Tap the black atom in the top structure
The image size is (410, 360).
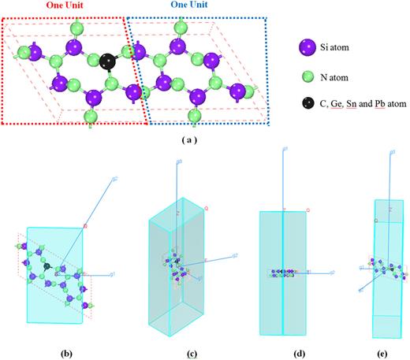click(x=109, y=61)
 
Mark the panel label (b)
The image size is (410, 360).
click(x=50, y=345)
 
